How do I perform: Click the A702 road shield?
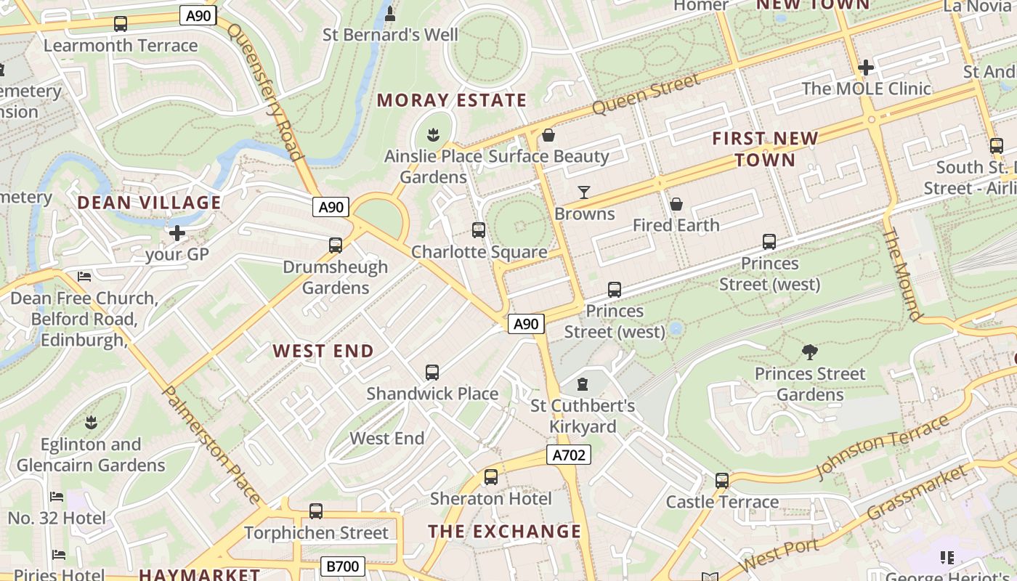(568, 455)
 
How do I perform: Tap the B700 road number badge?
(342, 566)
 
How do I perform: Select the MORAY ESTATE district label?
(451, 100)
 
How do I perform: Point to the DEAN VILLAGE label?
(149, 203)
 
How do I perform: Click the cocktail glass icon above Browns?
(584, 192)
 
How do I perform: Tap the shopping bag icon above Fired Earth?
(676, 204)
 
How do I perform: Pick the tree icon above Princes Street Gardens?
(810, 352)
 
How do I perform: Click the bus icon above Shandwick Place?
(432, 373)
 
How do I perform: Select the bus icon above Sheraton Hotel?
(491, 477)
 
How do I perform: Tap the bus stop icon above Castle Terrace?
(721, 481)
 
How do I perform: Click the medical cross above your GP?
(177, 233)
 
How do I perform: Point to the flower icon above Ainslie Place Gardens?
(434, 134)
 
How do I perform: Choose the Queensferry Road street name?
(264, 92)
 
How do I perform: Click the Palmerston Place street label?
(211, 444)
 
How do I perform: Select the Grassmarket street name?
(918, 494)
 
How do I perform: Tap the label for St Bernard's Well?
(390, 35)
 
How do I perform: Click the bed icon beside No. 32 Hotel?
(57, 497)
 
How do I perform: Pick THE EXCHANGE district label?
(505, 532)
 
